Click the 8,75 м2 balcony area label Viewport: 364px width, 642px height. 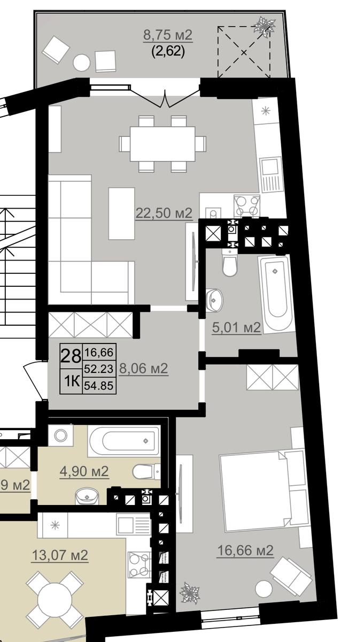coord(168,35)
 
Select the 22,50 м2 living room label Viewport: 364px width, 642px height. coord(164,213)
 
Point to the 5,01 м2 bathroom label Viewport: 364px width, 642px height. coord(236,327)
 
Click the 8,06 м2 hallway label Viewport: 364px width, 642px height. coord(143,368)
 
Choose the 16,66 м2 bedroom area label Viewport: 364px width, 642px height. coord(245,551)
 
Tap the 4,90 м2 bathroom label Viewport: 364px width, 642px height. coord(84,471)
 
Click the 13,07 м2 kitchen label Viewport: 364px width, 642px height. coord(60,555)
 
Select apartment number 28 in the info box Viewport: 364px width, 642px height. coord(71,356)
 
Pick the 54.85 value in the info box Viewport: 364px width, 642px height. coord(99,386)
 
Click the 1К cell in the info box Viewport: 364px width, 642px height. coord(71,381)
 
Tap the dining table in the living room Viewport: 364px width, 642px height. coord(162,144)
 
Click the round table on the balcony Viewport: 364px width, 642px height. coord(81,63)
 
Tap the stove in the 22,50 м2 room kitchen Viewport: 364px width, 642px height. coord(246,205)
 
